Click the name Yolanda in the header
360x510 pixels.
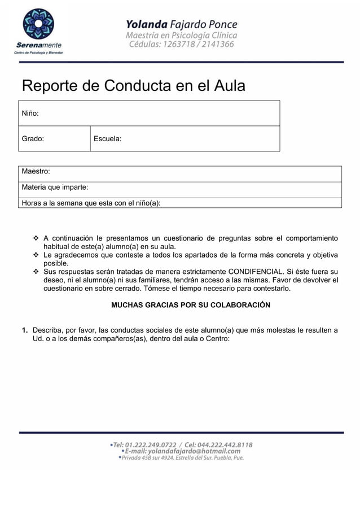click(x=146, y=24)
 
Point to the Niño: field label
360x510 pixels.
click(x=30, y=114)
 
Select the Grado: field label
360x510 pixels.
click(x=33, y=138)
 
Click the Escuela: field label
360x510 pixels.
click(x=107, y=138)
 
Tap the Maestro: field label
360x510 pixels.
click(x=36, y=171)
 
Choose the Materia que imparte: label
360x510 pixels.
click(x=55, y=187)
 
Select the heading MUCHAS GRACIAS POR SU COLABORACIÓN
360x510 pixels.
click(x=191, y=305)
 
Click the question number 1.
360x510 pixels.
click(x=25, y=330)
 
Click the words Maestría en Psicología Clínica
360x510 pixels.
click(x=181, y=35)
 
